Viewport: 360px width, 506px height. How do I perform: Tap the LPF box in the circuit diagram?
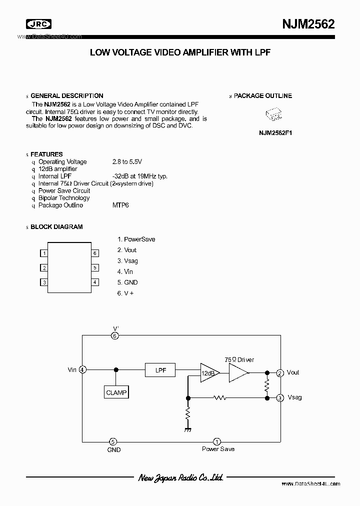tap(160, 370)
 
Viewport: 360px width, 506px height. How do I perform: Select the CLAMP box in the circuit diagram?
tap(116, 392)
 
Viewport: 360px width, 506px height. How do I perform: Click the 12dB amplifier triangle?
tap(207, 373)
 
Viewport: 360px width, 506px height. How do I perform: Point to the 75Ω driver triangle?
tap(238, 372)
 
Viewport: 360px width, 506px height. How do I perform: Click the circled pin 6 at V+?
tap(114, 336)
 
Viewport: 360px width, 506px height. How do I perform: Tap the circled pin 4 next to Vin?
tap(83, 370)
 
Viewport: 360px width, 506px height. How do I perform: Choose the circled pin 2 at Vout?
tap(280, 373)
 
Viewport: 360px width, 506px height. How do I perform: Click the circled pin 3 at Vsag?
tap(280, 398)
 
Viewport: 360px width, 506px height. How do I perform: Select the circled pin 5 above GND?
tap(113, 441)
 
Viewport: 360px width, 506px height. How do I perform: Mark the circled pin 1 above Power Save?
tap(217, 441)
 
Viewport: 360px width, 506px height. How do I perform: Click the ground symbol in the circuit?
tap(188, 429)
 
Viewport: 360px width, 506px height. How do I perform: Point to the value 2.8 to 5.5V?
tap(127, 161)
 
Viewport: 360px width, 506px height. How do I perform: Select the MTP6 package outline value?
tap(120, 205)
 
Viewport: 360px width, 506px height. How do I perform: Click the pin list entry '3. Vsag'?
tap(127, 261)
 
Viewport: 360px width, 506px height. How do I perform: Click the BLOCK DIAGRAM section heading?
tap(56, 226)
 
